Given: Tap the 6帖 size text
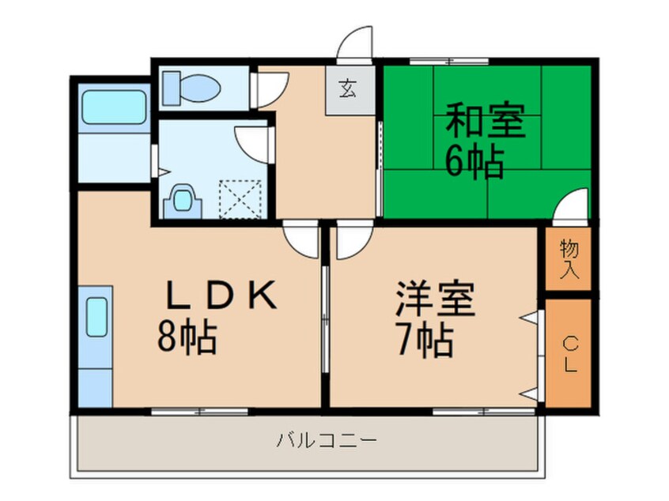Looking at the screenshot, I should tap(475, 162).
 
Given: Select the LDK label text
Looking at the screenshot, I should tap(221, 297).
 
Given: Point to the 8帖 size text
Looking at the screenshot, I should tap(187, 338).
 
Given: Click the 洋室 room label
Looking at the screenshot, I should tap(436, 299).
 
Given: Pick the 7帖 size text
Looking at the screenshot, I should tap(424, 341).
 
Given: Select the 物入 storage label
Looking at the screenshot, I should tap(569, 260).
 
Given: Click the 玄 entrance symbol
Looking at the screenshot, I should tap(347, 89).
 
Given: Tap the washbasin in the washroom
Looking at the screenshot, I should tap(181, 200).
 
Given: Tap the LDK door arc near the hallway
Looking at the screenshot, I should tap(300, 239).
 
